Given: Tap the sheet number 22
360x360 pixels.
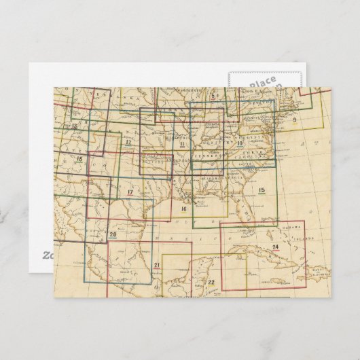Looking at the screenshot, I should (211, 281).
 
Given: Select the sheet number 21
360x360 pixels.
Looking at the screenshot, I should (157, 265).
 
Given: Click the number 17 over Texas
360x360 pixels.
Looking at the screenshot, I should (130, 193).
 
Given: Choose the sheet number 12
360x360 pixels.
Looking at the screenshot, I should (128, 143).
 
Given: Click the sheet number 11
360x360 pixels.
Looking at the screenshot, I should (182, 143).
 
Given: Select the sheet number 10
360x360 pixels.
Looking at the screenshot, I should (240, 143).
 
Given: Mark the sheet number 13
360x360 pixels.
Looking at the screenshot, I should (74, 127).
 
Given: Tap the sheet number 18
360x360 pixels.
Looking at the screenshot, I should (79, 158).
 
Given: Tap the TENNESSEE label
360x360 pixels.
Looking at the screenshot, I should (207, 154).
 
